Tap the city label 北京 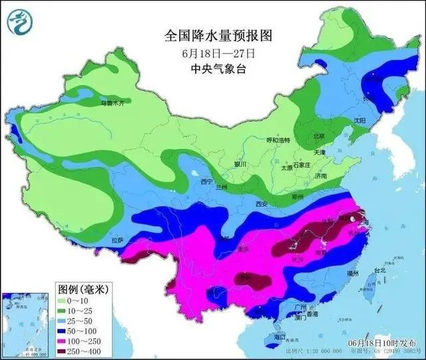tap(319, 136)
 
